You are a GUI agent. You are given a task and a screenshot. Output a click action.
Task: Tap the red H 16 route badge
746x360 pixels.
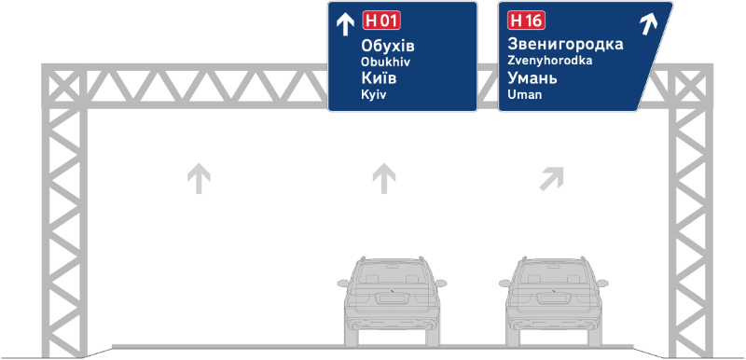point(527,21)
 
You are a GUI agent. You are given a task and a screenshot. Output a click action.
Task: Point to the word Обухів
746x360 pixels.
point(387,46)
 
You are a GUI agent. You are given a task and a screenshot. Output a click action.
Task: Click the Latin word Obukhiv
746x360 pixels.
point(384,62)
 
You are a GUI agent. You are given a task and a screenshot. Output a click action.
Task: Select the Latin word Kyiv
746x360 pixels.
point(373,94)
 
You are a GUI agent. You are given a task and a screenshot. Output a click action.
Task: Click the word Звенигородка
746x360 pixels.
point(566,44)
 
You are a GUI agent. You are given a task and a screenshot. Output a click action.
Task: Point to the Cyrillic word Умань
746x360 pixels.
point(534,78)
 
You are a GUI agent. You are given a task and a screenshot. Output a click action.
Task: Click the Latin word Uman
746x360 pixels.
point(524,94)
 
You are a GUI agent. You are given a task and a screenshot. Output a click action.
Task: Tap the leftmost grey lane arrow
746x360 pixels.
point(197,177)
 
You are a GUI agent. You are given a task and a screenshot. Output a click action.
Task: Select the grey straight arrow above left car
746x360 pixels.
point(382,177)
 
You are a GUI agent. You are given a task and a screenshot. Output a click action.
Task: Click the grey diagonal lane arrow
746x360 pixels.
point(554,176)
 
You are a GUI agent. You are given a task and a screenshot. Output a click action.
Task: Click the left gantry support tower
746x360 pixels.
point(64,215)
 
